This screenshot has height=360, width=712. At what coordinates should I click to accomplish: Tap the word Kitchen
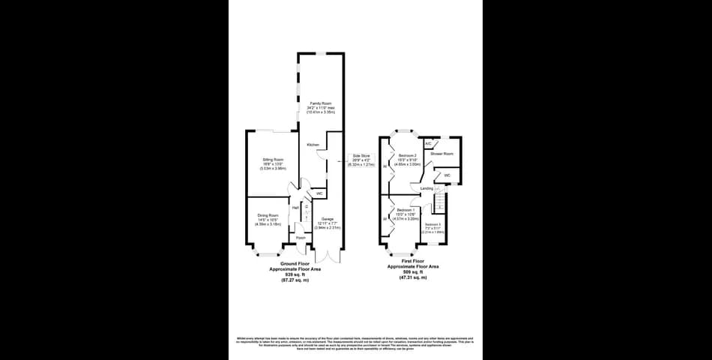click(x=313, y=144)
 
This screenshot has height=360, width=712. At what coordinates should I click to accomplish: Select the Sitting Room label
click(x=273, y=160)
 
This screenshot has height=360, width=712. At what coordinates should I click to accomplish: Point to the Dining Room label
click(x=268, y=215)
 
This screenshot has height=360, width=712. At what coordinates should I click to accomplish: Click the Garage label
click(x=322, y=219)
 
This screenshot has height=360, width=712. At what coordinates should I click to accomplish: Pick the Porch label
click(x=301, y=238)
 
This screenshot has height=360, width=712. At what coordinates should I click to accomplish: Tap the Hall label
click(x=295, y=207)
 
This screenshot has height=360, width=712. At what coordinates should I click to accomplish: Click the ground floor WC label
click(x=319, y=193)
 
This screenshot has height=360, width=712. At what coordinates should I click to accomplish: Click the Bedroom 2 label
click(x=408, y=155)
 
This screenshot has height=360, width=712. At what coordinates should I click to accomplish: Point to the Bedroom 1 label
click(x=406, y=209)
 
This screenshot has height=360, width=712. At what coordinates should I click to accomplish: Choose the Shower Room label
click(x=441, y=154)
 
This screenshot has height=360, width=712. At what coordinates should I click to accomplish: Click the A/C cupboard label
click(x=428, y=143)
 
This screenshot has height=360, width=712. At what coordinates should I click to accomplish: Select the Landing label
click(x=426, y=188)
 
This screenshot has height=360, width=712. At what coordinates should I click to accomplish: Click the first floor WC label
click(x=447, y=175)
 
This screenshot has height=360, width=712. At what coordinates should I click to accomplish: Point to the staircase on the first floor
click(x=441, y=202)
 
